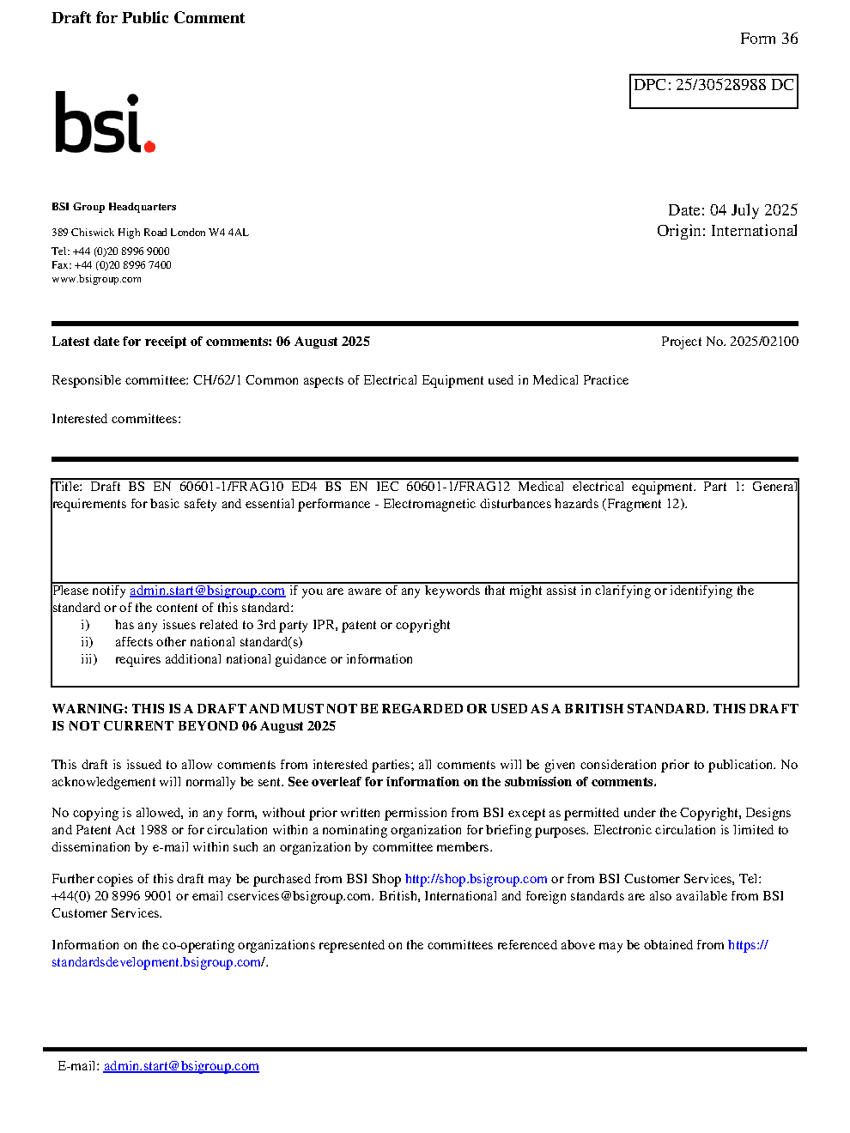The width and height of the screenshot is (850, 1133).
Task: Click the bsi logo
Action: pyautogui.click(x=103, y=124)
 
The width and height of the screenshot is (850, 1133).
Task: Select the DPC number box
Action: pyautogui.click(x=713, y=90)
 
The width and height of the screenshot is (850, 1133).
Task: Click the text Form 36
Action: pyautogui.click(x=768, y=39)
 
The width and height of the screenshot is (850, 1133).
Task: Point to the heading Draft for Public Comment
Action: pyautogui.click(x=148, y=18)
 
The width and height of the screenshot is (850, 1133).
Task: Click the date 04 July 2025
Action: pyautogui.click(x=754, y=210)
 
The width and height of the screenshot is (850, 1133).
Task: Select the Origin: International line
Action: pyautogui.click(x=726, y=231)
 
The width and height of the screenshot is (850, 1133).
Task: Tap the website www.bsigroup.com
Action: pyautogui.click(x=96, y=279)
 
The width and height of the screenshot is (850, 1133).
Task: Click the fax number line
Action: pyautogui.click(x=112, y=265)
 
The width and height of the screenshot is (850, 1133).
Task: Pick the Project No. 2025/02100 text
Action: pyautogui.click(x=729, y=342)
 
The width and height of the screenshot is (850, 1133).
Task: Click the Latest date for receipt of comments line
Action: pyautogui.click(x=210, y=342)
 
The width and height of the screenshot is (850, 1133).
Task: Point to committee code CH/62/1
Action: pyautogui.click(x=217, y=380)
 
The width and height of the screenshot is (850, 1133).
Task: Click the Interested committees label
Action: pyautogui.click(x=116, y=419)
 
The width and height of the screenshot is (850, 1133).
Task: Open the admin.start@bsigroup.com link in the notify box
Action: pyautogui.click(x=207, y=591)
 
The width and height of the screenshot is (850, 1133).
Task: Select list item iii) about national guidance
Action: pyautogui.click(x=264, y=659)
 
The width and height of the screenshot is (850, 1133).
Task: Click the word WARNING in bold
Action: pyautogui.click(x=89, y=709)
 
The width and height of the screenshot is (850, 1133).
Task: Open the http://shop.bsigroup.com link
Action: pyautogui.click(x=476, y=879)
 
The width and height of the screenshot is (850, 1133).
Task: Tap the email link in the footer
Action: pyautogui.click(x=181, y=1066)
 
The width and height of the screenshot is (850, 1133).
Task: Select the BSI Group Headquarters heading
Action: pyautogui.click(x=113, y=207)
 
